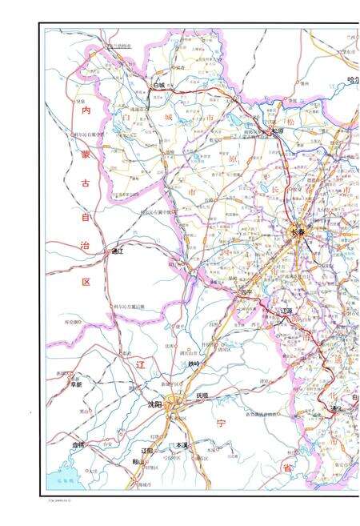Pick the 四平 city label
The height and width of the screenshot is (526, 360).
(245, 291)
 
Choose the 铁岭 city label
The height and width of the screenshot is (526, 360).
(194, 364)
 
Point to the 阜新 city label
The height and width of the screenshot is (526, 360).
(76, 384)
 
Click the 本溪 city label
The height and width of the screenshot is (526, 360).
(182, 445)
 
